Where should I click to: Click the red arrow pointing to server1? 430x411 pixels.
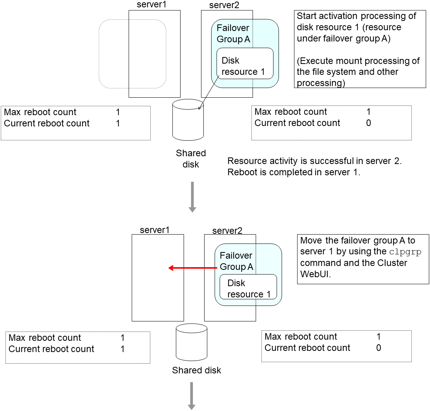tap(192, 268)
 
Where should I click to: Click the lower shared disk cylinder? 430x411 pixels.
tap(191, 342)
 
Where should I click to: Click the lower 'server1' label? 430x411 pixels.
tap(155, 230)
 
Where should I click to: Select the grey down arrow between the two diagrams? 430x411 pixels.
tap(192, 198)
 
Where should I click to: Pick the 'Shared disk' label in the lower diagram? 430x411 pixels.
tap(196, 370)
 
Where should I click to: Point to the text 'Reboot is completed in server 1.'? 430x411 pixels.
tap(294, 173)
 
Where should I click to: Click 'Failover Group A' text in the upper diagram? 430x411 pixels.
tap(233, 34)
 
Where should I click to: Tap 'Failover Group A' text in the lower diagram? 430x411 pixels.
tap(236, 261)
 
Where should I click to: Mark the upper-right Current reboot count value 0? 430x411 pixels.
tap(368, 123)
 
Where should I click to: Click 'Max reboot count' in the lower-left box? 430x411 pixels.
tap(45, 338)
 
